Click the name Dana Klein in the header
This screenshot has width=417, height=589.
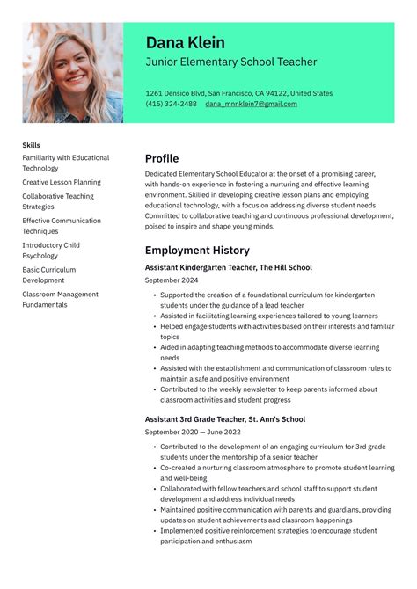tap(185, 43)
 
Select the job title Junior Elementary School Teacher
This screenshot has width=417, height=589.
tap(230, 62)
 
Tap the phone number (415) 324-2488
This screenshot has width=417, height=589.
tap(171, 104)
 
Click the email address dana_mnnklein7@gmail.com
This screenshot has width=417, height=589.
tap(251, 104)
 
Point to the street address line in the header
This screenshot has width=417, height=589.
tap(238, 93)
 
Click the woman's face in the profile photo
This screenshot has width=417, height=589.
tap(70, 64)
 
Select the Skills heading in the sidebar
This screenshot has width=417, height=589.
tap(32, 145)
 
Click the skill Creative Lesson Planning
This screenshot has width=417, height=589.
tap(62, 182)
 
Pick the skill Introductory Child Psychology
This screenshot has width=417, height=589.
tap(51, 251)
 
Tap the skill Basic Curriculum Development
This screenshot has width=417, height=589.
tap(49, 275)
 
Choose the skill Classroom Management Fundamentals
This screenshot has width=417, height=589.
tap(60, 300)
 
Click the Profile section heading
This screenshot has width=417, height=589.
tap(162, 159)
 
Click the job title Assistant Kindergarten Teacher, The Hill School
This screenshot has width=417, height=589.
tap(228, 267)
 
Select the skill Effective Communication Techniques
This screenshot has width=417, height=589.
tap(62, 226)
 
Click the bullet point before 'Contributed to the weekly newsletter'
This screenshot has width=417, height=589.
tap(154, 389)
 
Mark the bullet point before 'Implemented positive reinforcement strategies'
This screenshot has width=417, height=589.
tap(154, 531)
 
